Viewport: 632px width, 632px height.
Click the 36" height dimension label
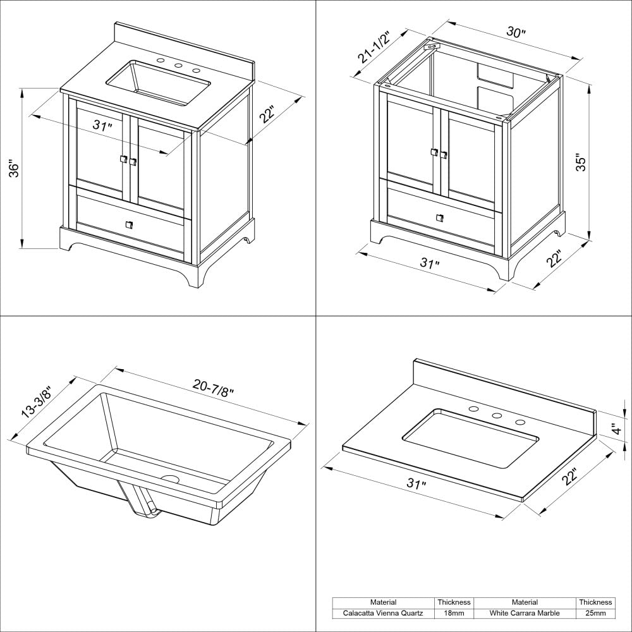pos(16,168)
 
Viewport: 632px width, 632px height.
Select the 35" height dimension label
pos(582,162)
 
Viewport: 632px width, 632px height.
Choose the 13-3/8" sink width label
pos(36,402)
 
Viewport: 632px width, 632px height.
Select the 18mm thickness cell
pos(453,613)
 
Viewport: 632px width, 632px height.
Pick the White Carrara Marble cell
pos(525,613)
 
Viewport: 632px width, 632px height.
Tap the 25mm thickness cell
pos(595,613)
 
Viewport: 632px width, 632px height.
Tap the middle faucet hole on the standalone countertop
pos(497,416)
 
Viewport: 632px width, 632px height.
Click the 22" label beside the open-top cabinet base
pos(554,258)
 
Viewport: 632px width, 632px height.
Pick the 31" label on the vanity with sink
pos(102,126)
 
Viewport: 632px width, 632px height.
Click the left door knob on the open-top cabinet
pos(434,152)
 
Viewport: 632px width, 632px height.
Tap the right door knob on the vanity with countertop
pos(133,162)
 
